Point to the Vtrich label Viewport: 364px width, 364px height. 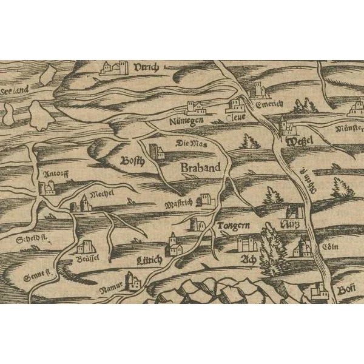click(x=146, y=67)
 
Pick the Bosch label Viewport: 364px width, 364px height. click(x=132, y=162)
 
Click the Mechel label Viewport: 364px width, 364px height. click(x=102, y=195)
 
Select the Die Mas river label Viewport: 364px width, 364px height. click(x=191, y=144)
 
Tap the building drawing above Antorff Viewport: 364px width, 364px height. click(x=47, y=187)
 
